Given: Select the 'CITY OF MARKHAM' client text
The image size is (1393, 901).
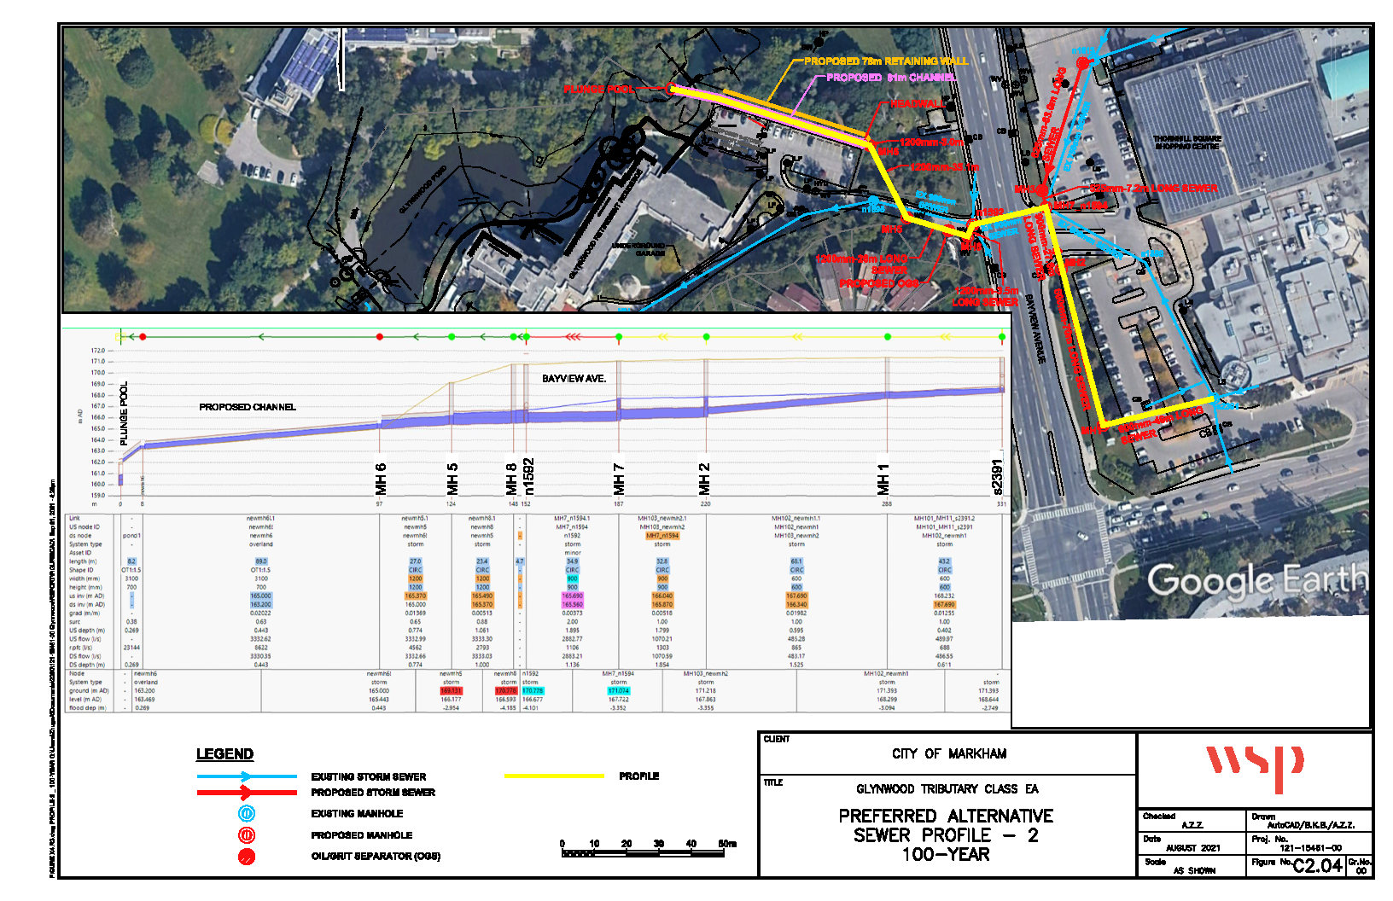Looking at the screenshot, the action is click(x=948, y=754).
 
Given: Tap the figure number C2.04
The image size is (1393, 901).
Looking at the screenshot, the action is click(x=1318, y=866).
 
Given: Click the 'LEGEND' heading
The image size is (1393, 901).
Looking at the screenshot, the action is click(x=224, y=754).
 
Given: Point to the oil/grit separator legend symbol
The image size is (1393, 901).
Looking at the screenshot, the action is click(x=247, y=857).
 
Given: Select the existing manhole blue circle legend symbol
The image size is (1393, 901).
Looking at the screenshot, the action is click(x=247, y=814).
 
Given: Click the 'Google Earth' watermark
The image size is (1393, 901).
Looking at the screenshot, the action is click(x=1256, y=581).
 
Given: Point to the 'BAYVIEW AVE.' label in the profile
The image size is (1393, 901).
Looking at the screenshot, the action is click(x=574, y=378).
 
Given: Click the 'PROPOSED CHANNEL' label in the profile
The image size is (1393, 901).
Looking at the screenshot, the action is click(x=248, y=407).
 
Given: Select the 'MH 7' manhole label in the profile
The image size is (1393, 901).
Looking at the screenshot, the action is click(x=620, y=479).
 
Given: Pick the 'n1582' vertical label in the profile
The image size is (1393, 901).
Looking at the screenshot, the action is click(x=528, y=476).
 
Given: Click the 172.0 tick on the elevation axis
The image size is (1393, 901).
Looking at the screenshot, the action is click(x=98, y=351).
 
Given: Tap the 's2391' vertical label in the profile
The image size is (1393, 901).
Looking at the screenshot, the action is click(x=998, y=476).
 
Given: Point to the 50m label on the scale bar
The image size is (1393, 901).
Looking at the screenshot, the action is click(x=726, y=844).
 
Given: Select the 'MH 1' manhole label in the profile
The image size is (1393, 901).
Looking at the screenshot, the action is click(x=883, y=479).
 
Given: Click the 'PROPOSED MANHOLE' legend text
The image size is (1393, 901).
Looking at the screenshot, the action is click(x=361, y=835).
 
